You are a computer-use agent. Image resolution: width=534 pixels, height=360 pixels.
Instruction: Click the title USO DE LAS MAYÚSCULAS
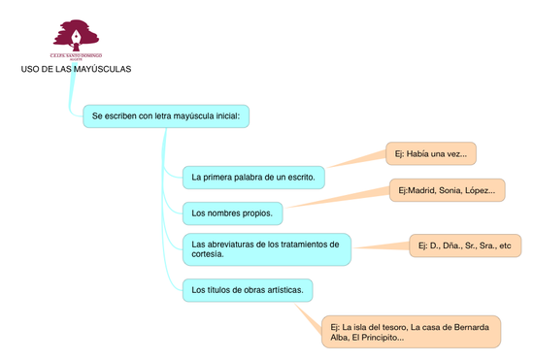76,70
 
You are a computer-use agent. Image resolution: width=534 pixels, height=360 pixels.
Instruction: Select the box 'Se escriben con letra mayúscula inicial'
166,116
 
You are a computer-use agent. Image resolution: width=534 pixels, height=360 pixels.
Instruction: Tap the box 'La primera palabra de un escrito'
253,178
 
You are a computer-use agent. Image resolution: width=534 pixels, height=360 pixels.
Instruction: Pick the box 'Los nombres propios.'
233,213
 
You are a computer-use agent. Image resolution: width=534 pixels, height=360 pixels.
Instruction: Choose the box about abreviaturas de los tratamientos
266,248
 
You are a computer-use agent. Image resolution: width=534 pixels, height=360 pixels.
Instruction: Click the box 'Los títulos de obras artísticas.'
248,289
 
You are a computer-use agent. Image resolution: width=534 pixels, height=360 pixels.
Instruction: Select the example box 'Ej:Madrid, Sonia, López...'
447,190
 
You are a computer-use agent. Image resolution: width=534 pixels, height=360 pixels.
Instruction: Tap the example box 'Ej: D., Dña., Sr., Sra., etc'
463,245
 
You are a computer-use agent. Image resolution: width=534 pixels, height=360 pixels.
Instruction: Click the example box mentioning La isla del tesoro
411,331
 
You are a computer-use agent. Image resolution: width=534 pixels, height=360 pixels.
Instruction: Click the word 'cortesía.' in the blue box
208,254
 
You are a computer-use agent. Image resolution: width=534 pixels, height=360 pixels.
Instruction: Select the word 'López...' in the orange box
479,190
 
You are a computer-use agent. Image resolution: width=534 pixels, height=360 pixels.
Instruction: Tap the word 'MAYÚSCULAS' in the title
101,70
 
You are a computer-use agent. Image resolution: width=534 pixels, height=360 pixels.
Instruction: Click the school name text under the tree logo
76,57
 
